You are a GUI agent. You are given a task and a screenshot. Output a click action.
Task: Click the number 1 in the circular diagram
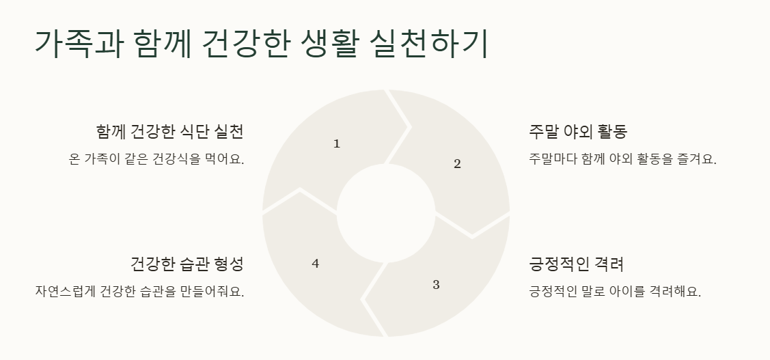coord(336,143)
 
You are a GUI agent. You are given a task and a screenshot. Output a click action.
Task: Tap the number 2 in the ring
coord(457,163)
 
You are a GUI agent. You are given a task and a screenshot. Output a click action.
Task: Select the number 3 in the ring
coord(436,285)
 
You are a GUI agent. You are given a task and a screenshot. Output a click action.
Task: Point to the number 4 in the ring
coord(315,264)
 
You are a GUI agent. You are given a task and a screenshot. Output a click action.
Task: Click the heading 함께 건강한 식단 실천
coord(170,131)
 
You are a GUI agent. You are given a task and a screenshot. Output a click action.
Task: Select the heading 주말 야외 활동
coord(578,131)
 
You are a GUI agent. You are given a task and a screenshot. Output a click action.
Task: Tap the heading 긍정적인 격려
coord(576,264)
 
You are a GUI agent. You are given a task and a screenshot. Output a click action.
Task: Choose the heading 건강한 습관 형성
coord(187,264)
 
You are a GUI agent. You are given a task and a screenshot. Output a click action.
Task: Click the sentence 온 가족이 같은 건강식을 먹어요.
coord(156,159)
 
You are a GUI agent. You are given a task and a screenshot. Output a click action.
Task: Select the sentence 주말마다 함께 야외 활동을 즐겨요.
coord(622,159)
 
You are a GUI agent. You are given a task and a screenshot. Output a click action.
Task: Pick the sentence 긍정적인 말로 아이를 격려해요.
coord(615,292)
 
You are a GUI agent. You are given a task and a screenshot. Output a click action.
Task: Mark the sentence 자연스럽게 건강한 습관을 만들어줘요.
coord(139,292)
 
